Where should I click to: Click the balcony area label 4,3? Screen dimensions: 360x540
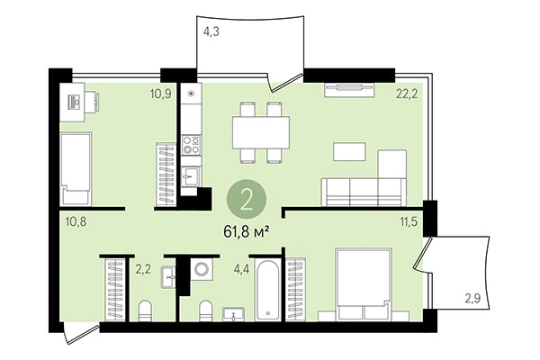(x=211, y=31)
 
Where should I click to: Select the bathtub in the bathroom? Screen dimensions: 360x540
(x=269, y=290)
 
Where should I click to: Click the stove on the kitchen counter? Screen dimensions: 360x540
(x=191, y=144)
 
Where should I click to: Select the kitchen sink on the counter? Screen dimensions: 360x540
(x=191, y=176)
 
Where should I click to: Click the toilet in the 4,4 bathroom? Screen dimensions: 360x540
(x=204, y=311)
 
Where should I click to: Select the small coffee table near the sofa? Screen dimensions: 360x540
(x=348, y=150)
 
